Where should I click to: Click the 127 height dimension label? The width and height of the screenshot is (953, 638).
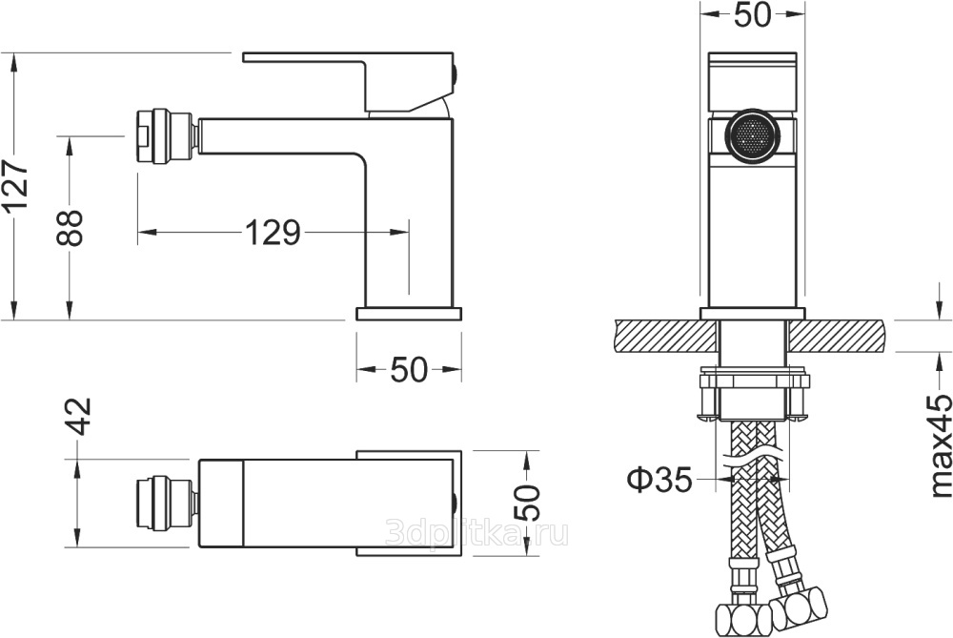click(x=15, y=186)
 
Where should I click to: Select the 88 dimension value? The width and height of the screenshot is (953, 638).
click(x=69, y=228)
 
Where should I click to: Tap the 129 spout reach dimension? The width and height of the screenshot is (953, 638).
click(x=273, y=232)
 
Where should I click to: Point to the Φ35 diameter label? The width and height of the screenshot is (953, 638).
click(x=659, y=480)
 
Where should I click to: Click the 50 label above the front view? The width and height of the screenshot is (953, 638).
click(x=753, y=14)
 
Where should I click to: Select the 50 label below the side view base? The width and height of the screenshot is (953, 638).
click(x=409, y=369)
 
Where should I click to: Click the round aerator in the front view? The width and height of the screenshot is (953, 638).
click(x=753, y=134)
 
